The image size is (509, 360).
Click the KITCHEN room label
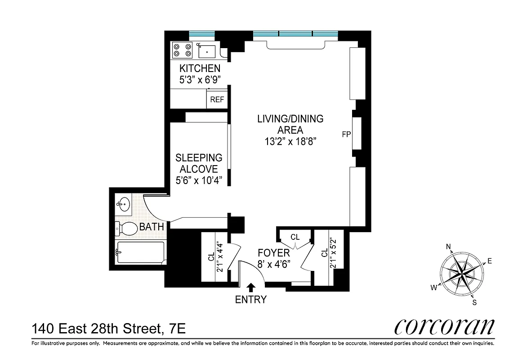click(200, 69)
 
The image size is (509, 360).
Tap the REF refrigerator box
click(217, 99)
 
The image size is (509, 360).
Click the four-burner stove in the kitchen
click(182, 50)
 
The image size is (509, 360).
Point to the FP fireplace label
click(346, 134)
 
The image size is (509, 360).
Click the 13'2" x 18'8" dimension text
click(290, 142)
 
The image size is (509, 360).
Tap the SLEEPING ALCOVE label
click(199, 163)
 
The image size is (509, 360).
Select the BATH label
click(152, 227)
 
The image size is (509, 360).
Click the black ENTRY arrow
click(251, 287)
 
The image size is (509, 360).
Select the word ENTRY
click(251, 300)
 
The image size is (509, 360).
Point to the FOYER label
click(273, 253)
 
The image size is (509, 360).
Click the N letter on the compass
click(448, 246)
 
